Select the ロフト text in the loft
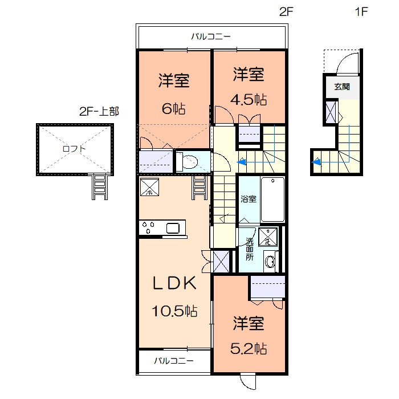pyautogui.click(x=75, y=149)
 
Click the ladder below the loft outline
pyautogui.click(x=99, y=186)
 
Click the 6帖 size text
pyautogui.click(x=174, y=108)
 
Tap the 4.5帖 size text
pyautogui.click(x=249, y=99)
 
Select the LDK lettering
pyautogui.click(x=174, y=283)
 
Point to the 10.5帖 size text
pyautogui.click(x=174, y=311)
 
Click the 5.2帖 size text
pyautogui.click(x=249, y=348)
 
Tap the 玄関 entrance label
pyautogui.click(x=342, y=87)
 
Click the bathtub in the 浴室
pyautogui.click(x=272, y=200)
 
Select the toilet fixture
pyautogui.click(x=189, y=162)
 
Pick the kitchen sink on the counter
pyautogui.click(x=173, y=229)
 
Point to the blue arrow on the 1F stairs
pyautogui.click(x=317, y=162)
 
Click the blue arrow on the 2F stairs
pyautogui.click(x=242, y=162)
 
